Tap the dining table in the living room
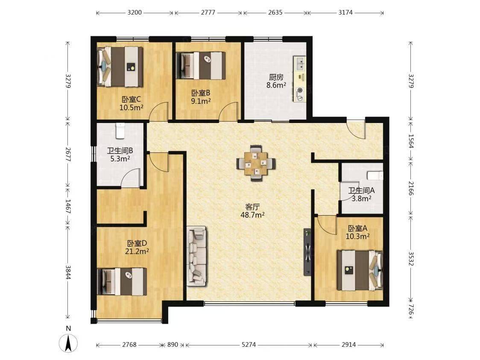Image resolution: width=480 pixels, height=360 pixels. pos(256,164)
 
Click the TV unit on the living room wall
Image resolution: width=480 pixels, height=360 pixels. pos(307,252)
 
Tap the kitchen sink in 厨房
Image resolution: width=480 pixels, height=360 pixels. pos(299,64)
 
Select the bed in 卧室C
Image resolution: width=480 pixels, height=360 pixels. pos(120,67)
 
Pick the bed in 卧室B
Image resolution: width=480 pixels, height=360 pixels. pos(201,65)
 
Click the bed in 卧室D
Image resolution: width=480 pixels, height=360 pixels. pos(122,281)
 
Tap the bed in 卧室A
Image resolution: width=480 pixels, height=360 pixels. pos(360,270)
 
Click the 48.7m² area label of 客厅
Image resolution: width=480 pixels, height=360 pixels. pos(252,215)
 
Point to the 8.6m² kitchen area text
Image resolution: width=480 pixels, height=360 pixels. pos(276,85)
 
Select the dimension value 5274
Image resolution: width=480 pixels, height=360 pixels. pos(249,345)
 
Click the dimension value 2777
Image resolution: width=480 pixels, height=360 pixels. pos(208,12)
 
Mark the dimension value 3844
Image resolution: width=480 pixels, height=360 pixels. pos(68,272)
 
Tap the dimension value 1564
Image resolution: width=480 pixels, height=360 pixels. pos(411,141)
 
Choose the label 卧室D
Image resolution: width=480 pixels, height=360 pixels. pos(137,243)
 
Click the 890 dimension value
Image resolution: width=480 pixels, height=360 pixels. pos(173,345)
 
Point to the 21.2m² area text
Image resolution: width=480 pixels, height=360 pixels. pos(137,252)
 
